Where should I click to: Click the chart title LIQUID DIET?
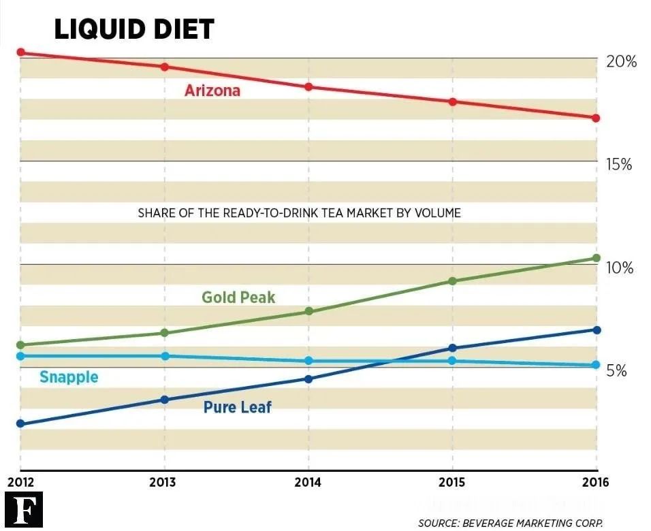click(x=133, y=29)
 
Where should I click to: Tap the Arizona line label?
click(x=212, y=91)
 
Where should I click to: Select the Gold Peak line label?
click(x=238, y=297)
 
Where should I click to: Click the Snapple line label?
click(x=69, y=377)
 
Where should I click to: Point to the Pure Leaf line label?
click(x=237, y=407)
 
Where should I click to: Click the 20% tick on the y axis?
click(x=620, y=62)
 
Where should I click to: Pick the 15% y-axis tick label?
click(x=619, y=165)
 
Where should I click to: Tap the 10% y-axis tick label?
click(x=619, y=268)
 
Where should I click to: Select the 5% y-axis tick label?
click(x=616, y=372)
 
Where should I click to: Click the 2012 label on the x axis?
click(x=20, y=483)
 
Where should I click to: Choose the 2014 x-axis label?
click(x=308, y=483)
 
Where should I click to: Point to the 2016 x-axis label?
click(x=597, y=483)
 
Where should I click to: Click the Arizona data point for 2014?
click(x=308, y=87)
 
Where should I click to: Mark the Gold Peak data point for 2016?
click(x=597, y=258)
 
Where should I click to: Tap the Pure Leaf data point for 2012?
click(x=20, y=423)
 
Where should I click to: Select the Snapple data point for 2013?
click(x=164, y=356)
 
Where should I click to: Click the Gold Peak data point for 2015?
click(x=452, y=280)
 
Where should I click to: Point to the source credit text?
click(x=510, y=523)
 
